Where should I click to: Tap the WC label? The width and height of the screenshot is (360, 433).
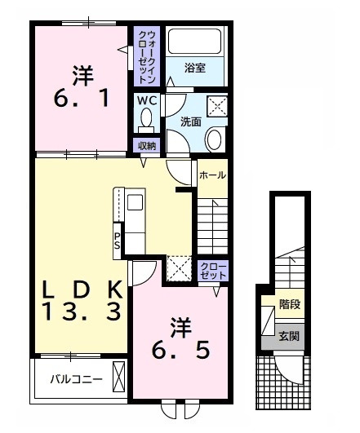pyautogui.click(x=146, y=100)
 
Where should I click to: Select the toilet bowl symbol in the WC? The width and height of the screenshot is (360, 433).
pyautogui.click(x=146, y=122)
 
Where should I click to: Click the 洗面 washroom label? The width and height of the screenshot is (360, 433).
pyautogui.click(x=190, y=121)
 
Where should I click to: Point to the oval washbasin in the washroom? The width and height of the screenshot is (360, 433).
pyautogui.click(x=214, y=139)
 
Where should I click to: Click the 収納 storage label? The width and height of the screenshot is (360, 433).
pyautogui.click(x=146, y=146)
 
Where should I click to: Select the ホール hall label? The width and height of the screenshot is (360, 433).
pyautogui.click(x=211, y=175)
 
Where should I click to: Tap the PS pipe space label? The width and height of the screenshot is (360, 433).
pyautogui.click(x=118, y=241)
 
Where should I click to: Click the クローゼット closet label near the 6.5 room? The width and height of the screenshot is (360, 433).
pyautogui.click(x=211, y=272)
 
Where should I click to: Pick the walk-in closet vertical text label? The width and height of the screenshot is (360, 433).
pyautogui.click(x=147, y=56)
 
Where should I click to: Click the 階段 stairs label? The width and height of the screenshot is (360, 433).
pyautogui.click(x=290, y=303)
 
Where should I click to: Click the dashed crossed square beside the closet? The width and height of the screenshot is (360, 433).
pyautogui.click(x=178, y=267)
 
